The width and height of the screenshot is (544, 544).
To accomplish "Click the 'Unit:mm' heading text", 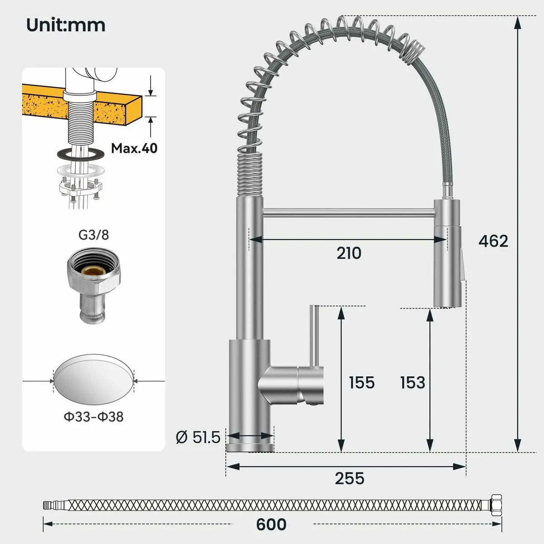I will [66, 24].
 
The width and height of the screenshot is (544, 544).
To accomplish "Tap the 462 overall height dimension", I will [493, 241].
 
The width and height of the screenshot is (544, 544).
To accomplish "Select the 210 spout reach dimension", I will [349, 253].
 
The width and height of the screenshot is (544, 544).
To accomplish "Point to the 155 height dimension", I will [361, 383].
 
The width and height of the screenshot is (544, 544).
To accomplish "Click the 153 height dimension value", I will [413, 383].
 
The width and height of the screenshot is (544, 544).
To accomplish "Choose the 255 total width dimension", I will [350, 478].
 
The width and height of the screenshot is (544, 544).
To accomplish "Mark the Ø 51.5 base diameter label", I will [198, 437].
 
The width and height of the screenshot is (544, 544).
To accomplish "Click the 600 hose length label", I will [271, 525].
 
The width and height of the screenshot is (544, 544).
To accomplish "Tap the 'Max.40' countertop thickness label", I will [134, 148].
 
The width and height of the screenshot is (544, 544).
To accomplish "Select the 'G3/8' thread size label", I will [93, 235].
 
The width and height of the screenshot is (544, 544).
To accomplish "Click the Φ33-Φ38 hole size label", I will [93, 417].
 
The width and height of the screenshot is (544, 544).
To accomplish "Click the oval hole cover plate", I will [94, 380].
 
